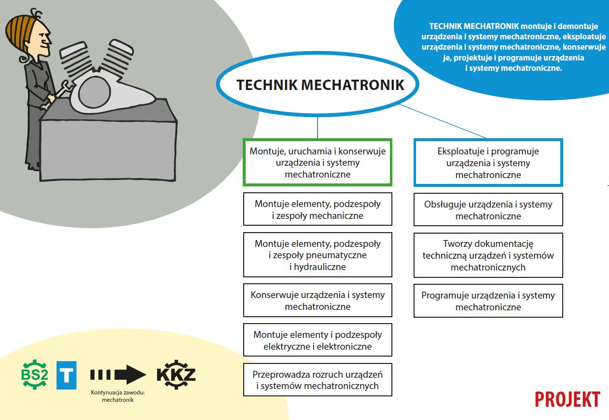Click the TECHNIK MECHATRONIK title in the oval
[321, 85]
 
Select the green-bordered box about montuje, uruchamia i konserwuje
[318, 162]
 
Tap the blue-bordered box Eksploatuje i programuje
[488, 163]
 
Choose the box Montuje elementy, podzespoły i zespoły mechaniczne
[318, 209]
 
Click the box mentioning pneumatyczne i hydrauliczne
[318, 255]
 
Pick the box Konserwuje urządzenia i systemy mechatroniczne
[318, 300]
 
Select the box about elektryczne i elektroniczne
[318, 340]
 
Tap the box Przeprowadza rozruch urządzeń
[318, 380]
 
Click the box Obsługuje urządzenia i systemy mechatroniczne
[488, 210]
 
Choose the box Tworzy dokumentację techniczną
[488, 255]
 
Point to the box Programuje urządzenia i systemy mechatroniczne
[488, 301]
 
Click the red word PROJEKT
[568, 399]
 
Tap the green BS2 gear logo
[34, 374]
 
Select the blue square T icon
[66, 375]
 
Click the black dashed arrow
[118, 375]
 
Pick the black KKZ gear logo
[176, 375]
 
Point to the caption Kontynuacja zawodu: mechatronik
[118, 396]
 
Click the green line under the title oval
[318, 128]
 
